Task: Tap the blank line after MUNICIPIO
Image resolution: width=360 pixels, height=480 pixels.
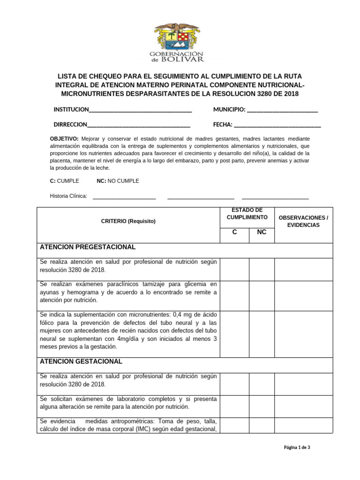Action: click(x=282, y=111)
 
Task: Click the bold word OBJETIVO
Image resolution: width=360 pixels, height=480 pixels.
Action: click(x=64, y=139)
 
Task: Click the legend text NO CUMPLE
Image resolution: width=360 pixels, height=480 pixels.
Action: click(x=124, y=181)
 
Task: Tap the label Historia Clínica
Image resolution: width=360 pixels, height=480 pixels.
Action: click(x=68, y=196)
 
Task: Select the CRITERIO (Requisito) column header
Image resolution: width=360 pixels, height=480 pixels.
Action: click(x=128, y=221)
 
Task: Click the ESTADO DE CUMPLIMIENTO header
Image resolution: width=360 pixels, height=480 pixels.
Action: click(x=247, y=214)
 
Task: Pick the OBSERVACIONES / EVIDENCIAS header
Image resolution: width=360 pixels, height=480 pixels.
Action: click(x=303, y=221)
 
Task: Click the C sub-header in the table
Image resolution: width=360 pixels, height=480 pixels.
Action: click(x=234, y=232)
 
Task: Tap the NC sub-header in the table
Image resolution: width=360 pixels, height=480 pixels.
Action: click(x=261, y=232)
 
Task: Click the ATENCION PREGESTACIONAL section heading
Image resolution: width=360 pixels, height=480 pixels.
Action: click(x=88, y=247)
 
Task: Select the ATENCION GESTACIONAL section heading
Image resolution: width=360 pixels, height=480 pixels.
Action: click(x=81, y=361)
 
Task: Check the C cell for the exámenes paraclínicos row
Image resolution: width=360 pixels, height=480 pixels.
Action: click(x=234, y=292)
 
